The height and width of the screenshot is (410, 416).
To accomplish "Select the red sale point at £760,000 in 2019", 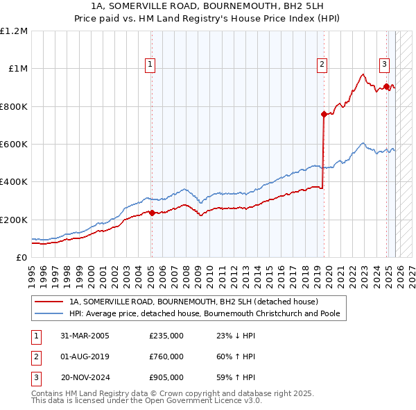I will pos(324,114).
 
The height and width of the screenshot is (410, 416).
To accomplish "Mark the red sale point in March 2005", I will pos(152,213).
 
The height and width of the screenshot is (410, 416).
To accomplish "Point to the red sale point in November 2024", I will pos(386,87).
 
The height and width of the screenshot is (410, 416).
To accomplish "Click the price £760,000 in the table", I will pos(166,356).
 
